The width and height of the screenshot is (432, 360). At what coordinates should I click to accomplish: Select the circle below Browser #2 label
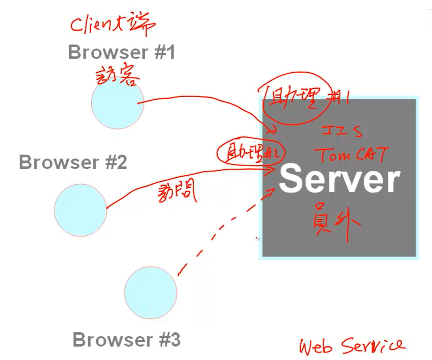tap(80, 210)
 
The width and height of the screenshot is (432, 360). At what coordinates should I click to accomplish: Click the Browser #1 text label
tap(121, 52)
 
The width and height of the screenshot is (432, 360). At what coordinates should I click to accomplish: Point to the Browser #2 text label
tap(73, 162)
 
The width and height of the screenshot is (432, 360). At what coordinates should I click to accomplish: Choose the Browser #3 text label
tap(126, 340)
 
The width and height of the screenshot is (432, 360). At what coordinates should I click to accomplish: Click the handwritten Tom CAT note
tap(352, 154)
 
